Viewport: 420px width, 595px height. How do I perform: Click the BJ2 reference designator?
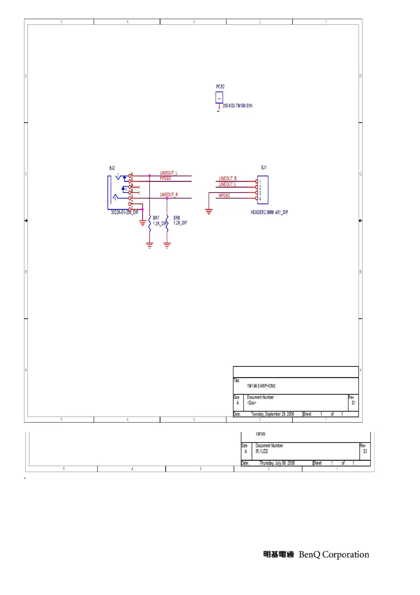(x=112, y=168)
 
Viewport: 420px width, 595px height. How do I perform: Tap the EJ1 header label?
(x=264, y=167)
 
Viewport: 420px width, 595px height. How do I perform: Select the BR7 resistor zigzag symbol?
(x=150, y=224)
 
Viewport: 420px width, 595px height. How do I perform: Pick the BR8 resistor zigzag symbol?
(x=167, y=224)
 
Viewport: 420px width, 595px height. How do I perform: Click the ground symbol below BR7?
(x=150, y=245)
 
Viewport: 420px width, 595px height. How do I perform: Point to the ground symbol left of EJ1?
(x=209, y=212)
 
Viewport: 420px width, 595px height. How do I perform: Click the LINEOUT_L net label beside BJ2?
(x=168, y=173)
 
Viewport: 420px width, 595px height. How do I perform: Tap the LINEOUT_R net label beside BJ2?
(x=169, y=195)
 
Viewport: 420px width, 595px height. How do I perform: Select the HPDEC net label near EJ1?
(x=224, y=195)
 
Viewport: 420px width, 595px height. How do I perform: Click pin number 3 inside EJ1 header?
(x=260, y=193)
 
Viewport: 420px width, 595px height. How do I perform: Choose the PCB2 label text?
(x=220, y=87)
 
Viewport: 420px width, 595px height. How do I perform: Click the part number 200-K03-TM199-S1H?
(x=237, y=106)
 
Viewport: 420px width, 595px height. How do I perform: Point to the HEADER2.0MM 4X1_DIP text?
(x=269, y=212)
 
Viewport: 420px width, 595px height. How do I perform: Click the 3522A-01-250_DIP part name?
(x=125, y=212)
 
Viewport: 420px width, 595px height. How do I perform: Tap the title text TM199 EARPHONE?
(x=261, y=386)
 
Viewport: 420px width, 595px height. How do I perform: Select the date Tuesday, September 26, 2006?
(x=272, y=414)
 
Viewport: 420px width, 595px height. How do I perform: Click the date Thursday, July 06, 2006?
(x=277, y=463)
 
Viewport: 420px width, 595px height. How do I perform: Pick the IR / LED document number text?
(x=262, y=451)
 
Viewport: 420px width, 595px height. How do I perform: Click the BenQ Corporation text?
(x=334, y=554)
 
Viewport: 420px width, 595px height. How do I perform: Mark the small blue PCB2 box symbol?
(x=219, y=98)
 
